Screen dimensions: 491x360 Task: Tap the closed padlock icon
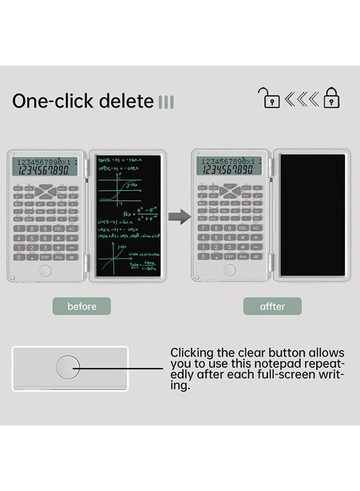[332, 99]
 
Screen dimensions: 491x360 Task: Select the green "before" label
[82, 306]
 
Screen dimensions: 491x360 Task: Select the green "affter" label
[272, 306]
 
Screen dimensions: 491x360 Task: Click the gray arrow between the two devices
[178, 217]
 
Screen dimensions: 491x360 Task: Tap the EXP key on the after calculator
[230, 256]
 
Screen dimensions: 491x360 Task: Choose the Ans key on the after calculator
[243, 256]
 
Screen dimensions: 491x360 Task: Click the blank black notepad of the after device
[312, 215]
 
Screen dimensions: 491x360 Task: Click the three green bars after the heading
[165, 101]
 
